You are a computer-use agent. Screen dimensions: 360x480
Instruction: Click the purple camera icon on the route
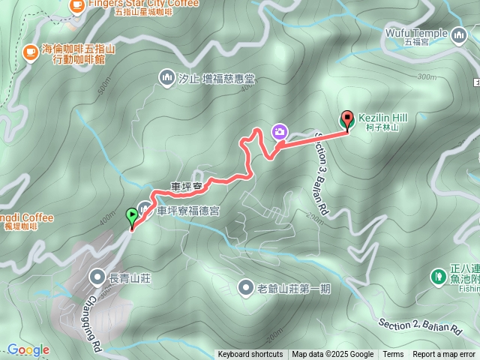coord(279,131)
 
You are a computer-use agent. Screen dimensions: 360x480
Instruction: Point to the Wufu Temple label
coord(415,33)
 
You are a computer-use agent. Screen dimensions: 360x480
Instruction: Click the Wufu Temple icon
coord(460,33)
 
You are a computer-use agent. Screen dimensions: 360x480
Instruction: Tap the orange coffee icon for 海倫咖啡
coord(31,52)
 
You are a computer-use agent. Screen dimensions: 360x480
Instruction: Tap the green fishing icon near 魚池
coord(437,277)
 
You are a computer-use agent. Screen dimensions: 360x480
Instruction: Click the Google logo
coord(28,349)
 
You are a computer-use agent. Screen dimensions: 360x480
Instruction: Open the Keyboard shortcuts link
coord(250,355)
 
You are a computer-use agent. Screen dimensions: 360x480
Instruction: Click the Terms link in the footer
coord(393,355)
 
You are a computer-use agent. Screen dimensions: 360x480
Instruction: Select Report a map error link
coord(444,355)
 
